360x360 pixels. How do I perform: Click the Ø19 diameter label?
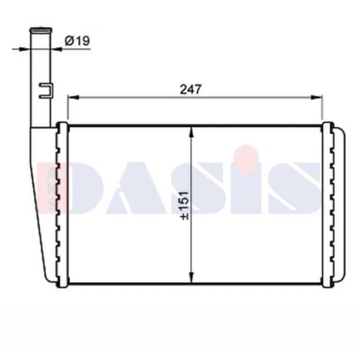(78, 40)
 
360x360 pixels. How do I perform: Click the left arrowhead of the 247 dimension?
(71, 97)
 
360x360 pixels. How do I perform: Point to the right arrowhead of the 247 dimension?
(319, 97)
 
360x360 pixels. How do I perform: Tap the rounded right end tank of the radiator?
(335, 205)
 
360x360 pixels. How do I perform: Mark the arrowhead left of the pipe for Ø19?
(26, 49)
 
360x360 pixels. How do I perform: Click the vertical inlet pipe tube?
(40, 79)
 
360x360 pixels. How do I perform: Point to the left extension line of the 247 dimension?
(68, 110)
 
